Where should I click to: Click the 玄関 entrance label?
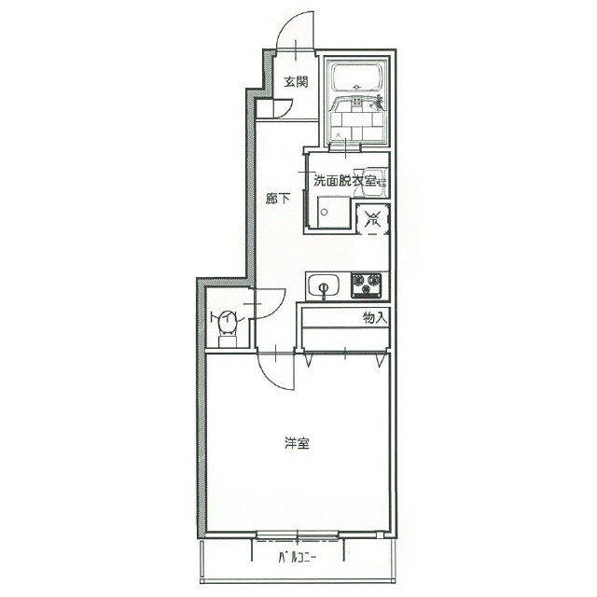(296, 82)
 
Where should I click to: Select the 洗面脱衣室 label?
(344, 181)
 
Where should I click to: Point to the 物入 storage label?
(375, 317)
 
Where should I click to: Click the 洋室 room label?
(297, 443)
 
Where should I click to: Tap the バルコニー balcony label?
(297, 560)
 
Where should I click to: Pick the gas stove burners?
(368, 284)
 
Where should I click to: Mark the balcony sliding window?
(297, 535)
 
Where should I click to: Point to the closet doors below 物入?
(344, 353)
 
